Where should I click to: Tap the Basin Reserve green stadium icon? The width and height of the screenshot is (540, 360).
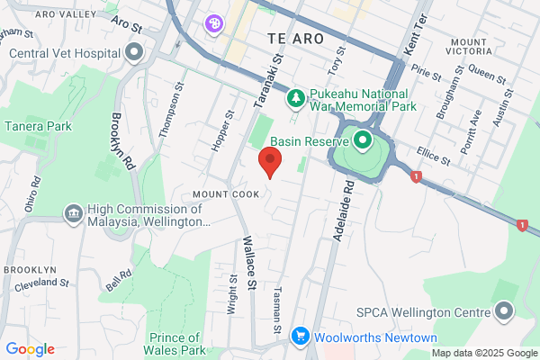pyautogui.click(x=362, y=140)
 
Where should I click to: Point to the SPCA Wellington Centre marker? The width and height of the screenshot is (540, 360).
pyautogui.click(x=503, y=312)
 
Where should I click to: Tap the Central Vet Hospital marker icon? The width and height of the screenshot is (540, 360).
pyautogui.click(x=135, y=52)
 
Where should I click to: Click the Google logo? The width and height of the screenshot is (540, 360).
pyautogui.click(x=30, y=349)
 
